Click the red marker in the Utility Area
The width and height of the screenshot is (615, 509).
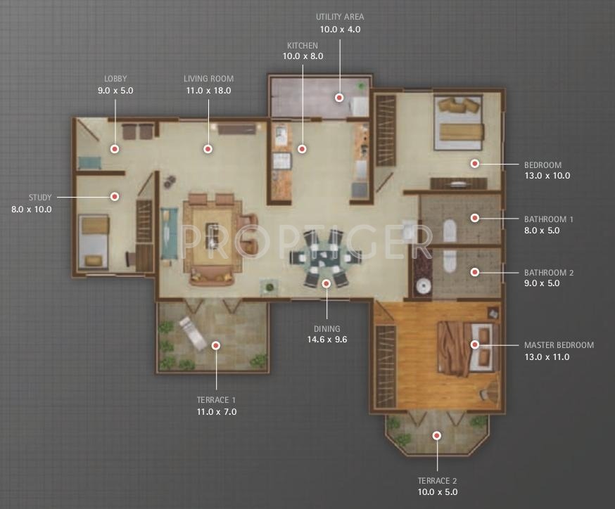click(x=339, y=98)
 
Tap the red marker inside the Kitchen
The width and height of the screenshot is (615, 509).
click(x=302, y=149)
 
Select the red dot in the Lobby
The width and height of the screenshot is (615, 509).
click(x=115, y=149)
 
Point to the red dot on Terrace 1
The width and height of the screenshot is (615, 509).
click(x=216, y=345)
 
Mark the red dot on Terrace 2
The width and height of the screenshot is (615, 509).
click(x=437, y=436)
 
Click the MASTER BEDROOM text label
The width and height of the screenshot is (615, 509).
click(x=559, y=345)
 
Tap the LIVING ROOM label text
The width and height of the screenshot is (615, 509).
click(x=208, y=79)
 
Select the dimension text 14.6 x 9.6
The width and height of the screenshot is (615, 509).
click(x=327, y=340)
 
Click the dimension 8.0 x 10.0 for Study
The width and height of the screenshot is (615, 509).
click(x=32, y=210)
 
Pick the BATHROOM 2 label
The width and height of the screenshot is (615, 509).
click(x=548, y=273)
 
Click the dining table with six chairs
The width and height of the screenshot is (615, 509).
click(x=326, y=257)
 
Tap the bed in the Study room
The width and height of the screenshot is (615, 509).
click(x=94, y=241)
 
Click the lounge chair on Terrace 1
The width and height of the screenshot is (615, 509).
click(x=193, y=333)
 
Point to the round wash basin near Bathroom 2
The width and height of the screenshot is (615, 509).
click(x=422, y=286)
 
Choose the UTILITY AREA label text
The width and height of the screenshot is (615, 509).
click(x=340, y=17)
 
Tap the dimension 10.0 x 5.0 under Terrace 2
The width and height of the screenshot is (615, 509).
click(x=437, y=492)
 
